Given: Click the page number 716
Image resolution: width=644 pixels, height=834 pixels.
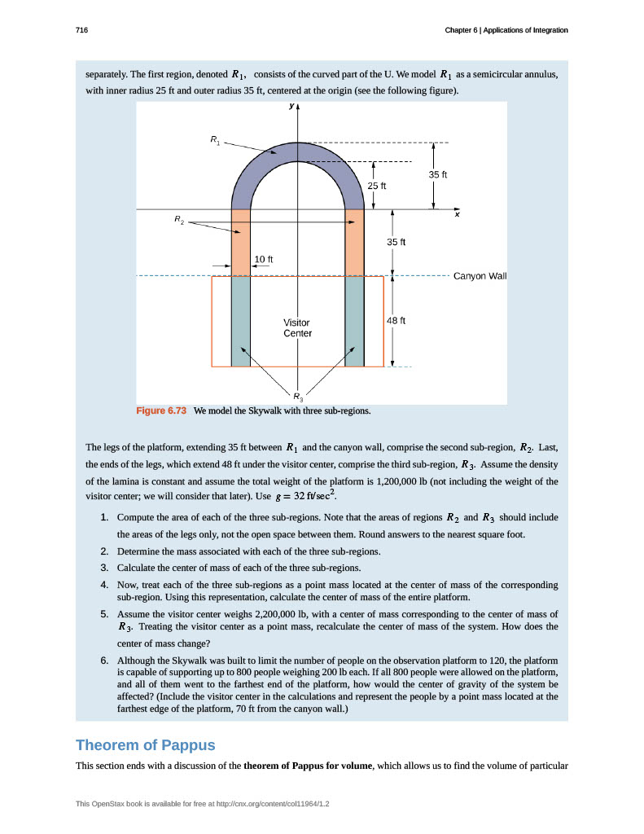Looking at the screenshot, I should click(81, 30).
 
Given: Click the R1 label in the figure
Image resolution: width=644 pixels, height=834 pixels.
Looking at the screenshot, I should click(215, 141).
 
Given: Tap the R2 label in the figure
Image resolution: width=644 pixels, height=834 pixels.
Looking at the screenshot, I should click(179, 220).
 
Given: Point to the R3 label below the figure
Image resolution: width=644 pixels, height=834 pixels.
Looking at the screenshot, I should click(298, 397).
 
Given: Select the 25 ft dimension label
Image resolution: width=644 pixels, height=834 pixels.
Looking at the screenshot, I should click(375, 186).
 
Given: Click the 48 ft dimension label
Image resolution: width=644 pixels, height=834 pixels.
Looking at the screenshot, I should click(395, 321).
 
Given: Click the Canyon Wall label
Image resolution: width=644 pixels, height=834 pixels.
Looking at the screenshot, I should click(480, 275).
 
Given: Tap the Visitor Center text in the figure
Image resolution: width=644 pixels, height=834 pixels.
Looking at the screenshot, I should click(297, 327).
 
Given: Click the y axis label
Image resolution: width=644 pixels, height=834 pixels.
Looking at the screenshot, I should click(291, 107).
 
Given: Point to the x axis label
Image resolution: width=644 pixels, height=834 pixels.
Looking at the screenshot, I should click(458, 214).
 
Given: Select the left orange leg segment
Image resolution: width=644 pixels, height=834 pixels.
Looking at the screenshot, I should click(241, 243).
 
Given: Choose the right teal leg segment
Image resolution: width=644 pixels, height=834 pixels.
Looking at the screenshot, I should click(354, 321).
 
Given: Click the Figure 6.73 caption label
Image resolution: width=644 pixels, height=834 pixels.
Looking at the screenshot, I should click(161, 410).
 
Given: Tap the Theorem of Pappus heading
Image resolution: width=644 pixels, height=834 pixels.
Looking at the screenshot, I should click(146, 745).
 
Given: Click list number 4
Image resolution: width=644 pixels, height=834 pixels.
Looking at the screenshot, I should click(105, 585).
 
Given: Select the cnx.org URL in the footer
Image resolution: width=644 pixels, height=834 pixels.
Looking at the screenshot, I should click(276, 804).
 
